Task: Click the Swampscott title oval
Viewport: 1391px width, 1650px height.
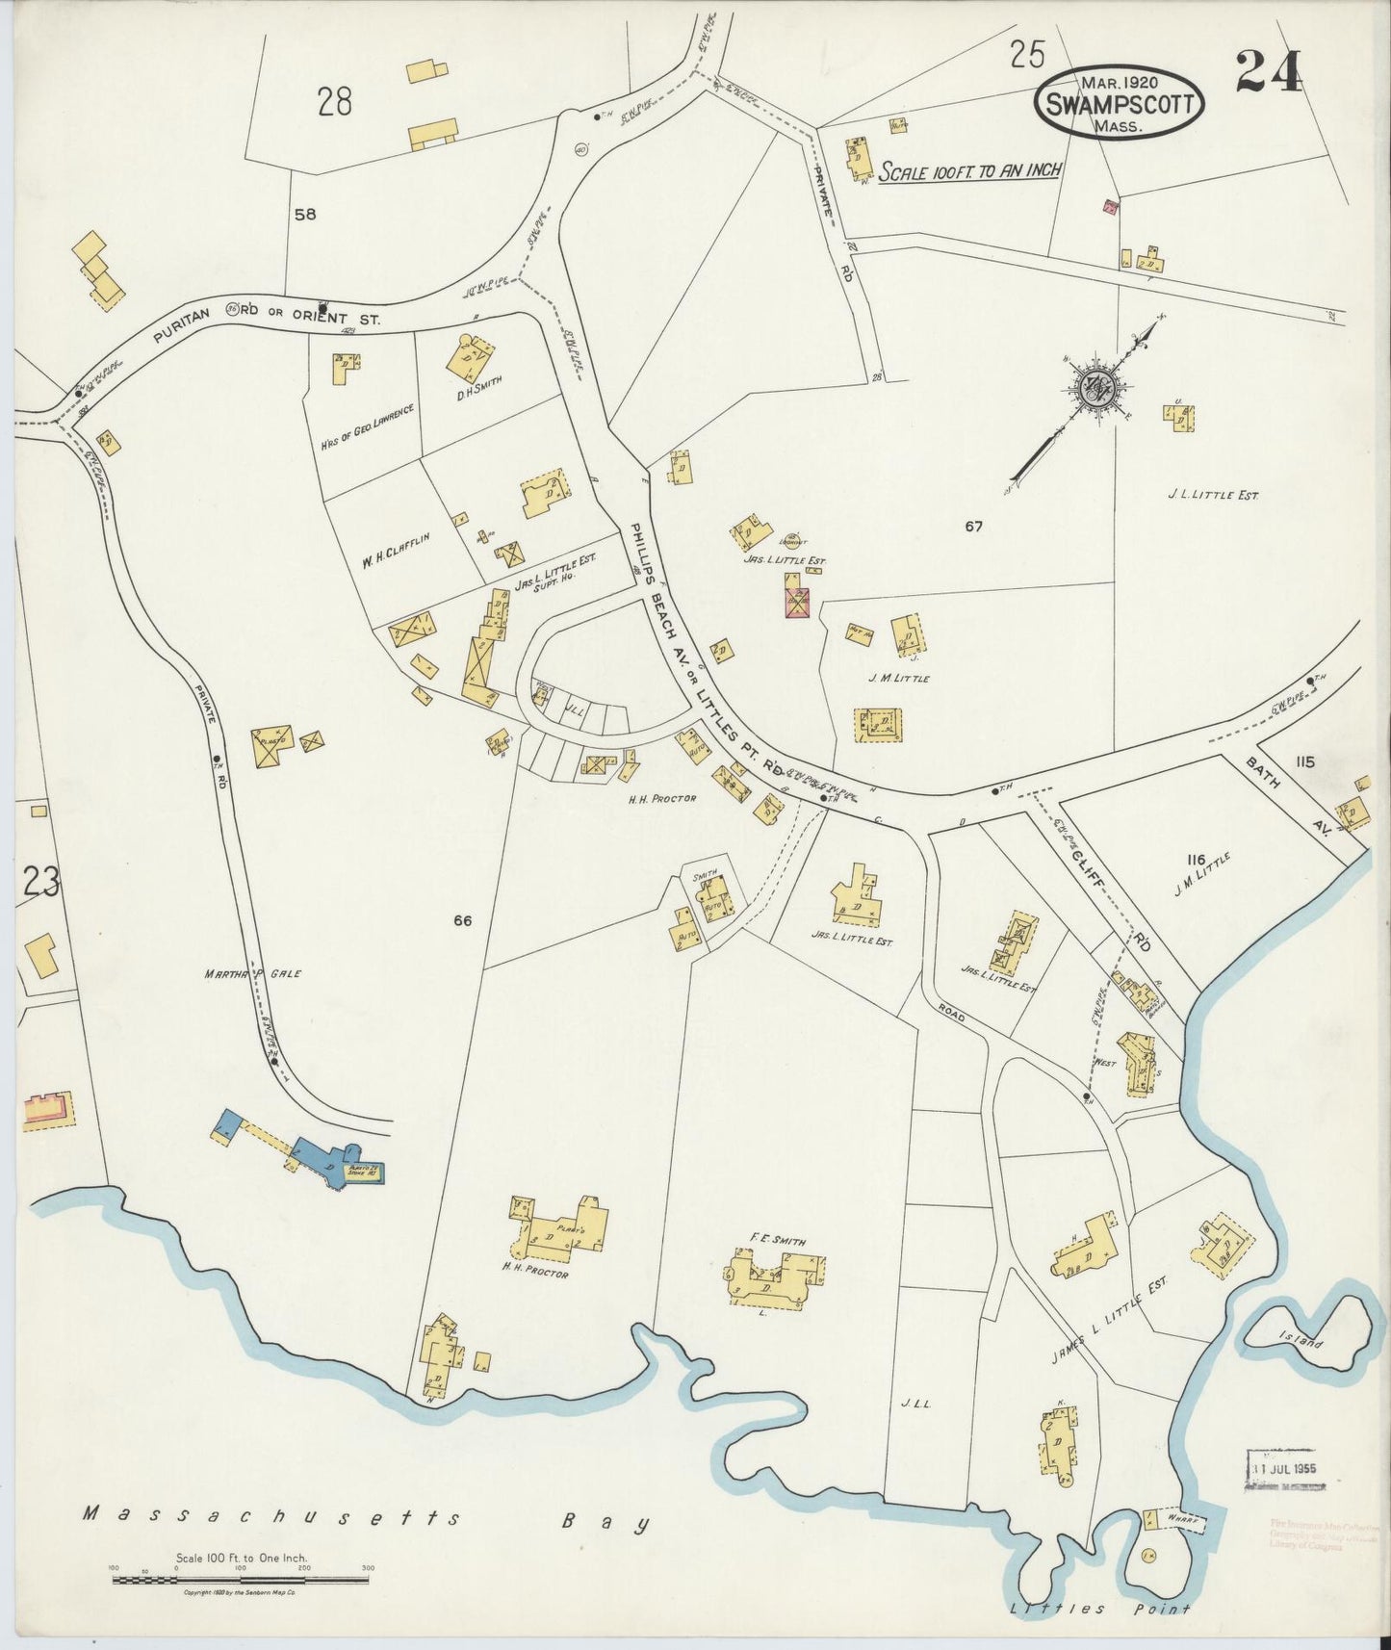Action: pyautogui.click(x=1122, y=102)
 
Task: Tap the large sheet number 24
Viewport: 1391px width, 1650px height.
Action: pyautogui.click(x=1268, y=71)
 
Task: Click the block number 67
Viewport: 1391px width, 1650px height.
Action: pyautogui.click(x=974, y=527)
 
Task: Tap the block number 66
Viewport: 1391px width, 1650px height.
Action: pyautogui.click(x=462, y=921)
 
